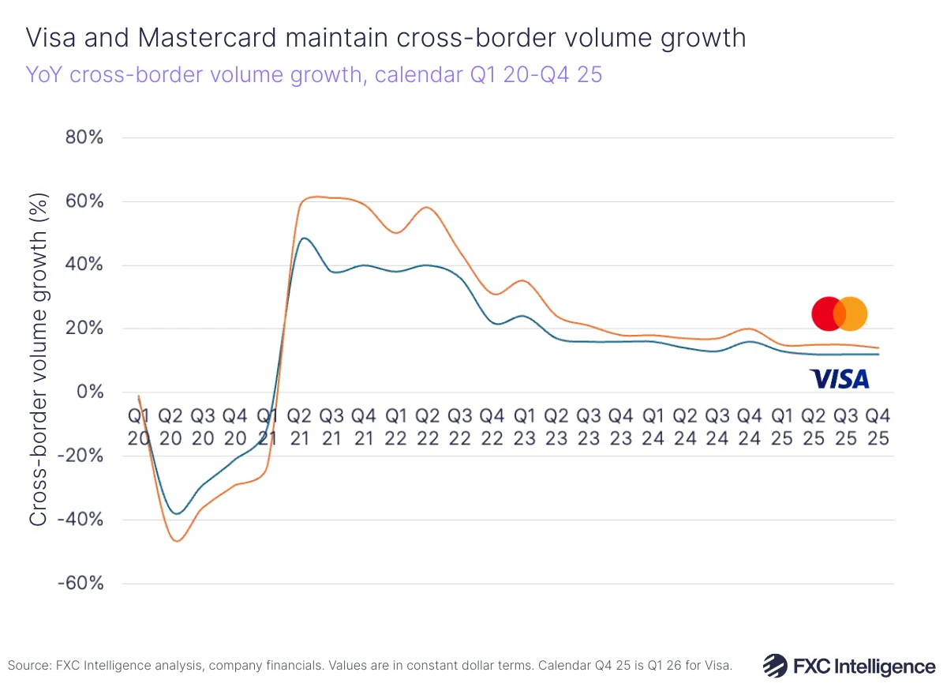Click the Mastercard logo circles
[x=840, y=314]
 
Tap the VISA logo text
[x=840, y=380]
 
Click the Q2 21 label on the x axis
[x=300, y=426]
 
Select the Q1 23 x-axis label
[x=524, y=426]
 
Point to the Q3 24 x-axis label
[x=717, y=426]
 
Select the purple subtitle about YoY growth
[x=313, y=76]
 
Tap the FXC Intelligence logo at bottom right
[x=849, y=666]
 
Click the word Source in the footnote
[x=26, y=666]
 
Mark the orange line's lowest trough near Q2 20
[x=177, y=541]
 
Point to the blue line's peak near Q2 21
[x=304, y=238]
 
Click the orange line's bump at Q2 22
[x=427, y=208]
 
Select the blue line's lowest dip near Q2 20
[x=177, y=513]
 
